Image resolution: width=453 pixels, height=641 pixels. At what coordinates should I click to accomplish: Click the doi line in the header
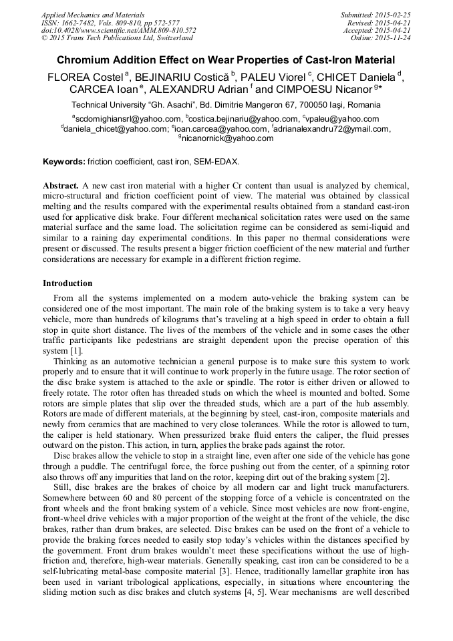coord(118,30)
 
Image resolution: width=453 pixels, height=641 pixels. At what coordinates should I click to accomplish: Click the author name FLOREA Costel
coord(84,77)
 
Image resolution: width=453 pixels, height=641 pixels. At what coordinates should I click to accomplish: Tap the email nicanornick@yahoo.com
coord(227,138)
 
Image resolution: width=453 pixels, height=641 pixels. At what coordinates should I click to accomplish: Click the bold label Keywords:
coord(63,162)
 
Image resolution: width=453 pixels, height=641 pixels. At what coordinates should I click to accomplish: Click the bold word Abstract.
coord(61,184)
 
